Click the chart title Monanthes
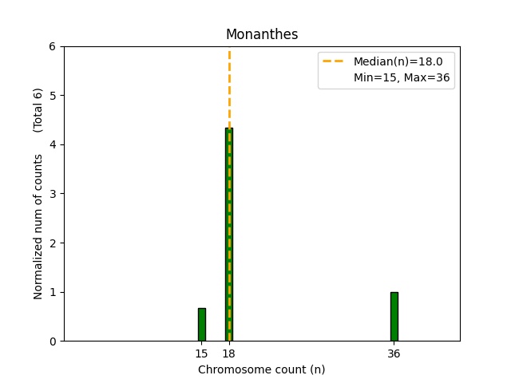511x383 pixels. tap(262, 34)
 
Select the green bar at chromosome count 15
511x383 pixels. tap(202, 324)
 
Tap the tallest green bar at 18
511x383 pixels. tap(229, 239)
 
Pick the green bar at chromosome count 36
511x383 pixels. tap(394, 316)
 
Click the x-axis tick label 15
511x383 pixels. tap(201, 353)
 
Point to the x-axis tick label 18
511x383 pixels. tap(229, 353)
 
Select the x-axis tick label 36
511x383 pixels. tap(394, 353)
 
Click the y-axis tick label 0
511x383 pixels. tap(53, 342)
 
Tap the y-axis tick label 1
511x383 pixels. tap(53, 292)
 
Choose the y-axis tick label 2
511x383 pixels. tap(53, 243)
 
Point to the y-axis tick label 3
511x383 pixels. tap(53, 194)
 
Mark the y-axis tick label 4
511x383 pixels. tap(53, 144)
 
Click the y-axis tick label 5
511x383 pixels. tap(53, 96)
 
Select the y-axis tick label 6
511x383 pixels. tap(53, 46)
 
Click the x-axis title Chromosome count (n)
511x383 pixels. tap(262, 369)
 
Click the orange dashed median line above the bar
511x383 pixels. tap(229, 88)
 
